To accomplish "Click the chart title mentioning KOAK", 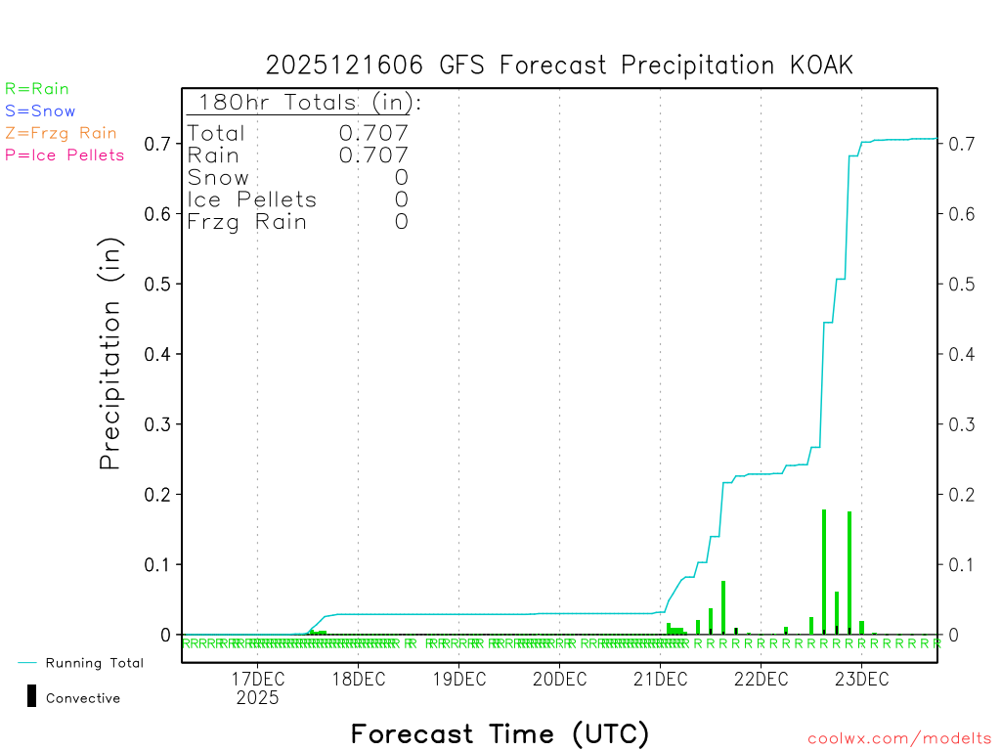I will [559, 66].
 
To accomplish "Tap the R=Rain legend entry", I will [37, 89].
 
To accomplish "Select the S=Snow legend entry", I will [40, 111].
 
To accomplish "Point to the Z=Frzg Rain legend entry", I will [61, 133].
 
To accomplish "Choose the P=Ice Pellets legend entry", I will [65, 155].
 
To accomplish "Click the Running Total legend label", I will [94, 663].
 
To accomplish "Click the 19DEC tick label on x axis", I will [458, 680].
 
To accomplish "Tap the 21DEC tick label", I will [660, 680].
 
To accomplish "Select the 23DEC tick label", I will [861, 680].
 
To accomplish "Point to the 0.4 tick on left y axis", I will [159, 354].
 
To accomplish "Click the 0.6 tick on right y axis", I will [956, 213].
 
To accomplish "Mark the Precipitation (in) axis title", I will [110, 355].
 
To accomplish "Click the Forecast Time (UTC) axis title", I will [500, 733].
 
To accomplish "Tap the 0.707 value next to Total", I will [373, 133].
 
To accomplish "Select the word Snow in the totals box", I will [218, 178].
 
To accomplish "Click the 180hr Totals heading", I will [305, 103].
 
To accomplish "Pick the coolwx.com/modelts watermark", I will [899, 739].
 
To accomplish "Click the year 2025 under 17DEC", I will [257, 698].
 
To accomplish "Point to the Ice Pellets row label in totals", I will [252, 199].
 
